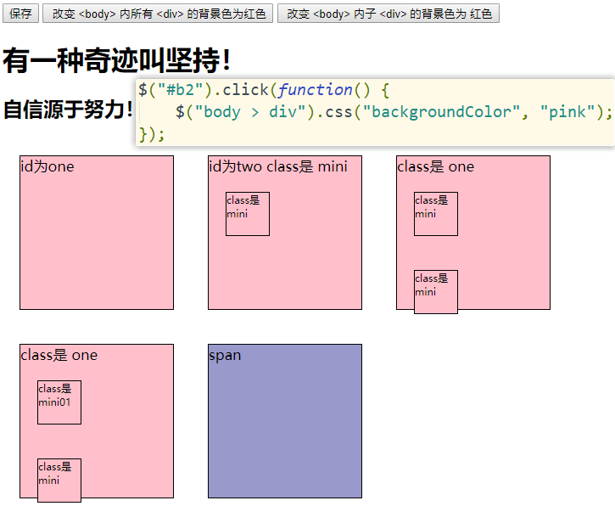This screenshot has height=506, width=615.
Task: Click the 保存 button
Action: [x=20, y=14]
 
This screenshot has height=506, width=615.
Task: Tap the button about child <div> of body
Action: [x=388, y=14]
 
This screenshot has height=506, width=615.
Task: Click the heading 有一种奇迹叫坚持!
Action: [x=116, y=60]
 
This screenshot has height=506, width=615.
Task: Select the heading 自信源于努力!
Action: [x=68, y=109]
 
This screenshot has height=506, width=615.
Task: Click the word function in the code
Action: [x=315, y=90]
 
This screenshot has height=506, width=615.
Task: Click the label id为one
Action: [x=48, y=166]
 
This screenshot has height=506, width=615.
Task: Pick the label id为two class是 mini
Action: [x=278, y=166]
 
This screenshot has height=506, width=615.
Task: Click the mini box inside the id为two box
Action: [x=248, y=214]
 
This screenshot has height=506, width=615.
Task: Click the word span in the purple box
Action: [x=225, y=355]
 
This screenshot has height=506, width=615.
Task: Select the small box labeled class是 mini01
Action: [x=59, y=402]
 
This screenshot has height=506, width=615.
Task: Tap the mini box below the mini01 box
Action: [x=59, y=480]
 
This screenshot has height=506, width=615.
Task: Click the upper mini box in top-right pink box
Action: [x=436, y=214]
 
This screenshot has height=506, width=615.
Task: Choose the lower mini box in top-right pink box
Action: [x=436, y=291]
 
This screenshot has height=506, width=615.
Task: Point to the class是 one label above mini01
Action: [x=59, y=355]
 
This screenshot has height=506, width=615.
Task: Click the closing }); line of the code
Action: [x=152, y=134]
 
